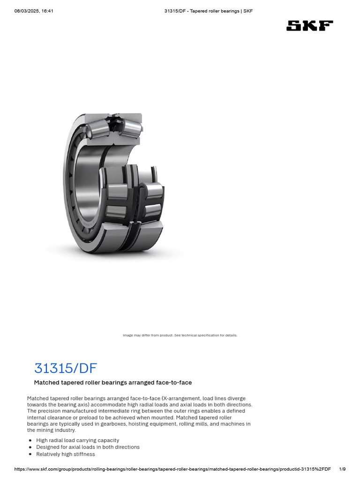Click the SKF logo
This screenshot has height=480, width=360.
coord(309,26)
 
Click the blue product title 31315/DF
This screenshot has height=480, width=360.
coord(66,368)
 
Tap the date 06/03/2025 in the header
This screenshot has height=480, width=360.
coord(27,11)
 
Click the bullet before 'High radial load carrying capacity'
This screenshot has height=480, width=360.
coord(30,441)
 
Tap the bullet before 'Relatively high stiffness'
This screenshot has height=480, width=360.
coord(30,454)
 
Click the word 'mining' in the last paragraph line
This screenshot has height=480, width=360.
coord(48,430)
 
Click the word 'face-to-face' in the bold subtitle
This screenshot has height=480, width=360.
coord(174,382)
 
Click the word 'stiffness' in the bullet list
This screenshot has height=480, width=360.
coord(84,454)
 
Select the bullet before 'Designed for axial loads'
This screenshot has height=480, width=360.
coord(30,447)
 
